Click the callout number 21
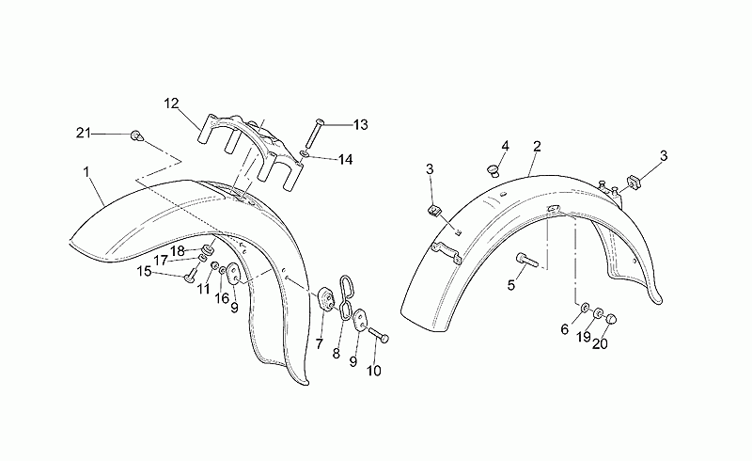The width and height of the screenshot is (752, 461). (84, 133)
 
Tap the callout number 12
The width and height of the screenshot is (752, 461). (171, 103)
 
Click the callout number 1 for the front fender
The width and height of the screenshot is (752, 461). (86, 172)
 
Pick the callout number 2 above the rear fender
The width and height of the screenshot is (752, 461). (537, 147)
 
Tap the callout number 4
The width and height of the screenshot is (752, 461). (505, 146)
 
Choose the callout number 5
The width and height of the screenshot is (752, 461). (511, 285)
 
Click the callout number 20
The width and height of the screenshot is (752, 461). (600, 343)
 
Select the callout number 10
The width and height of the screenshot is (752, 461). (373, 371)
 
